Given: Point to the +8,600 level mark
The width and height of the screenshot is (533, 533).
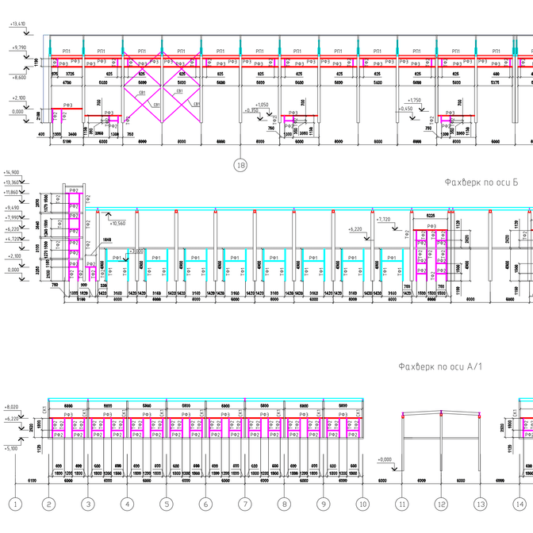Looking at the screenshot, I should [18, 77].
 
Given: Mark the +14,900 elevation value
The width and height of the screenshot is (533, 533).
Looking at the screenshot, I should [11, 172].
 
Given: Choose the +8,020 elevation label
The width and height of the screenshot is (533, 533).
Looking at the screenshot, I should [13, 406].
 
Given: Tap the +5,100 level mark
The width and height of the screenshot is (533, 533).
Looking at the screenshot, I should [13, 448].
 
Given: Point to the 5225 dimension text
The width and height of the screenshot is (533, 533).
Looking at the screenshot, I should [432, 215].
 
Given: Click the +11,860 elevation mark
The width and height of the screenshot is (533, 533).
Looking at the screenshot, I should [13, 192].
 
